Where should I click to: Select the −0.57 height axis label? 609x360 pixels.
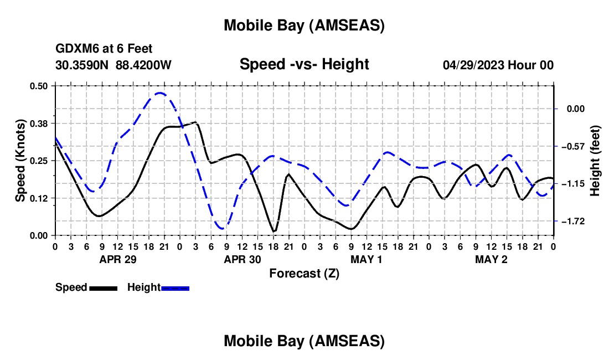tap(572, 146)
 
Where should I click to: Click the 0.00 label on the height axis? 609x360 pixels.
tap(576, 109)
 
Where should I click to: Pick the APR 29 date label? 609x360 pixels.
tap(118, 259)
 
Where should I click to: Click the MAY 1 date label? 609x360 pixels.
tap(367, 259)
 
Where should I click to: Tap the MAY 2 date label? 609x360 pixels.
tap(492, 259)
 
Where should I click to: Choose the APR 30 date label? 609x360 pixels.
tap(242, 259)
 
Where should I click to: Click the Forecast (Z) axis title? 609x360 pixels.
tap(304, 273)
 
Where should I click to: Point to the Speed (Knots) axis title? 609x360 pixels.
tap(20, 160)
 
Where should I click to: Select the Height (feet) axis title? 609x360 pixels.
tap(596, 160)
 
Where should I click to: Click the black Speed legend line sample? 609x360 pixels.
tap(103, 288)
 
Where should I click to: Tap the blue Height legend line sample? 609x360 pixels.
tap(175, 288)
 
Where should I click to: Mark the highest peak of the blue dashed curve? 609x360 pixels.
tap(160, 93)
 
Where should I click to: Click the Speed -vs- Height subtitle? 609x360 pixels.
tap(304, 65)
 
